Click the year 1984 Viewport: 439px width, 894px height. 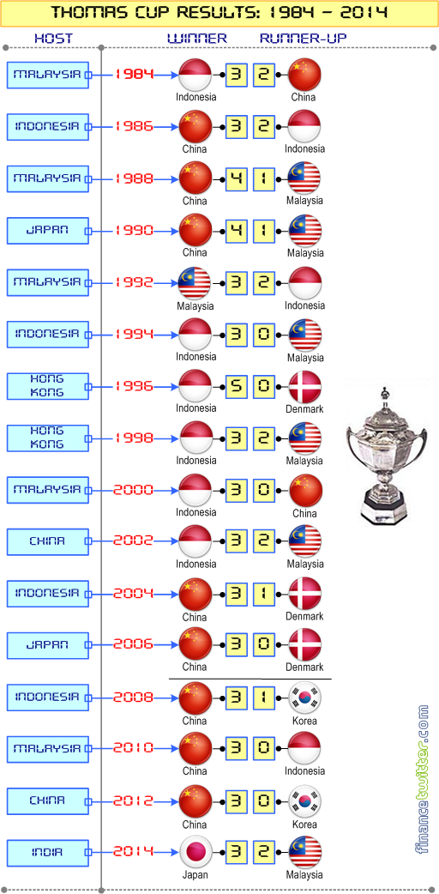(134, 74)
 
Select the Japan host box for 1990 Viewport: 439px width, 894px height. (48, 230)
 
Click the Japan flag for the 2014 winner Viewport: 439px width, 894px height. (195, 853)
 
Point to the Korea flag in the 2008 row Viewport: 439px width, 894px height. (305, 698)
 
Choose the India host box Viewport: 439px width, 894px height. (48, 853)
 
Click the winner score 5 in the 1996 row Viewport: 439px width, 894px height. (236, 387)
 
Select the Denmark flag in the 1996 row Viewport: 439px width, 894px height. (305, 387)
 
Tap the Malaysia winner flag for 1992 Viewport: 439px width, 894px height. (195, 283)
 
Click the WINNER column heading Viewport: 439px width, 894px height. (197, 39)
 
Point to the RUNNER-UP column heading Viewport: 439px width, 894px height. (304, 39)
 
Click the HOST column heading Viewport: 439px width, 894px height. (54, 39)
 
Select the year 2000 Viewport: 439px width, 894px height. (134, 489)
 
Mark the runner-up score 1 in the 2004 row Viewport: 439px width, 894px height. (263, 594)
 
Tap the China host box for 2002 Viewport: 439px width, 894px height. (48, 541)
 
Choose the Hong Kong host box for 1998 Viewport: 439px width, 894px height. (48, 438)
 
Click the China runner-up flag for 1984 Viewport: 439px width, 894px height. (305, 75)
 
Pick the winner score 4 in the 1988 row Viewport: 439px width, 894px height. (236, 179)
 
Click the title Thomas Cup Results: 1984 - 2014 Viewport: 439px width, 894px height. (220, 13)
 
